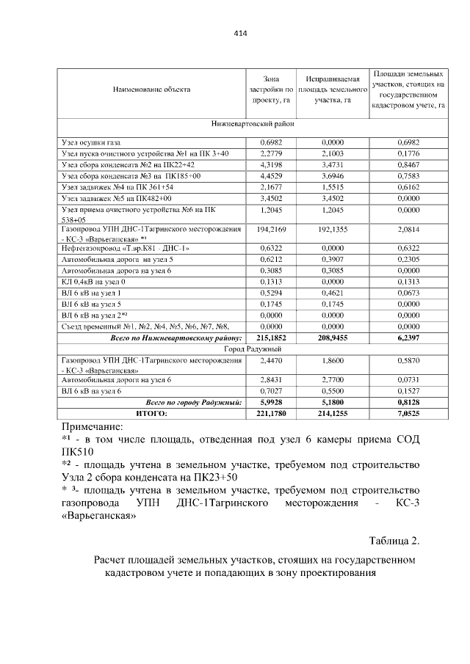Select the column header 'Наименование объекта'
(151, 90)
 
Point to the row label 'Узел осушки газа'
(91, 142)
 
